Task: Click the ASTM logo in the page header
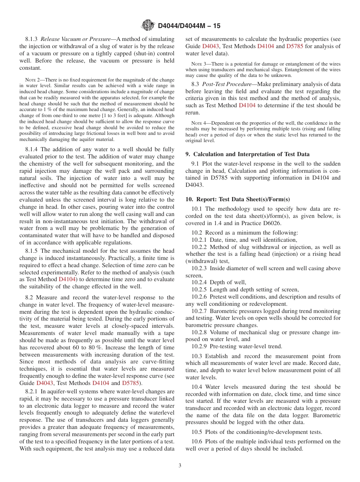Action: (148, 25)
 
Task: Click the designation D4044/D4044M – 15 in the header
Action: (189, 26)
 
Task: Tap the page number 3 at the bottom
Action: (180, 465)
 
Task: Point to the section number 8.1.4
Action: (33, 150)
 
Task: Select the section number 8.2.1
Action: (33, 391)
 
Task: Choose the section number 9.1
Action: (195, 164)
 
